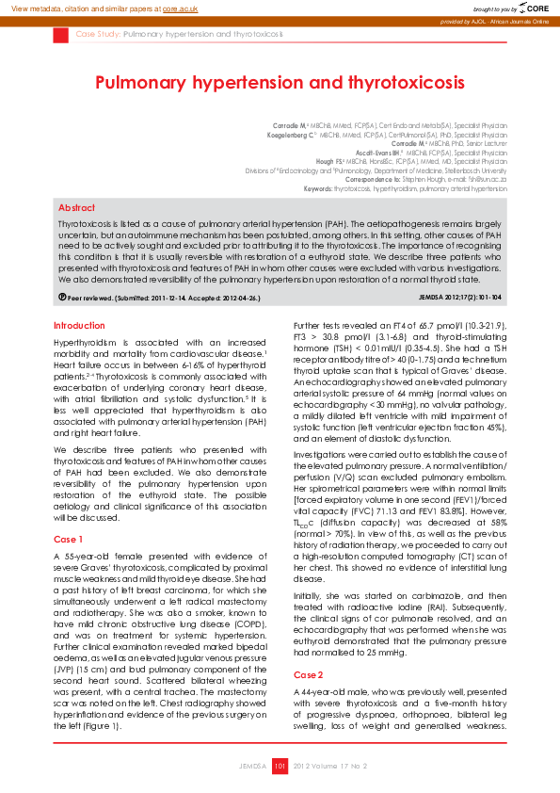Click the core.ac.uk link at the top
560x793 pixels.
[x=181, y=8]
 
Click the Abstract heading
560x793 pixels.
[x=76, y=207]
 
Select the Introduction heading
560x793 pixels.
[x=80, y=325]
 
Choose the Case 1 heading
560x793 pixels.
[x=69, y=539]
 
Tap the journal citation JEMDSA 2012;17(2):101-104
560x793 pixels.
[x=460, y=298]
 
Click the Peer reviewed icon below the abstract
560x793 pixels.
[x=62, y=298]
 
